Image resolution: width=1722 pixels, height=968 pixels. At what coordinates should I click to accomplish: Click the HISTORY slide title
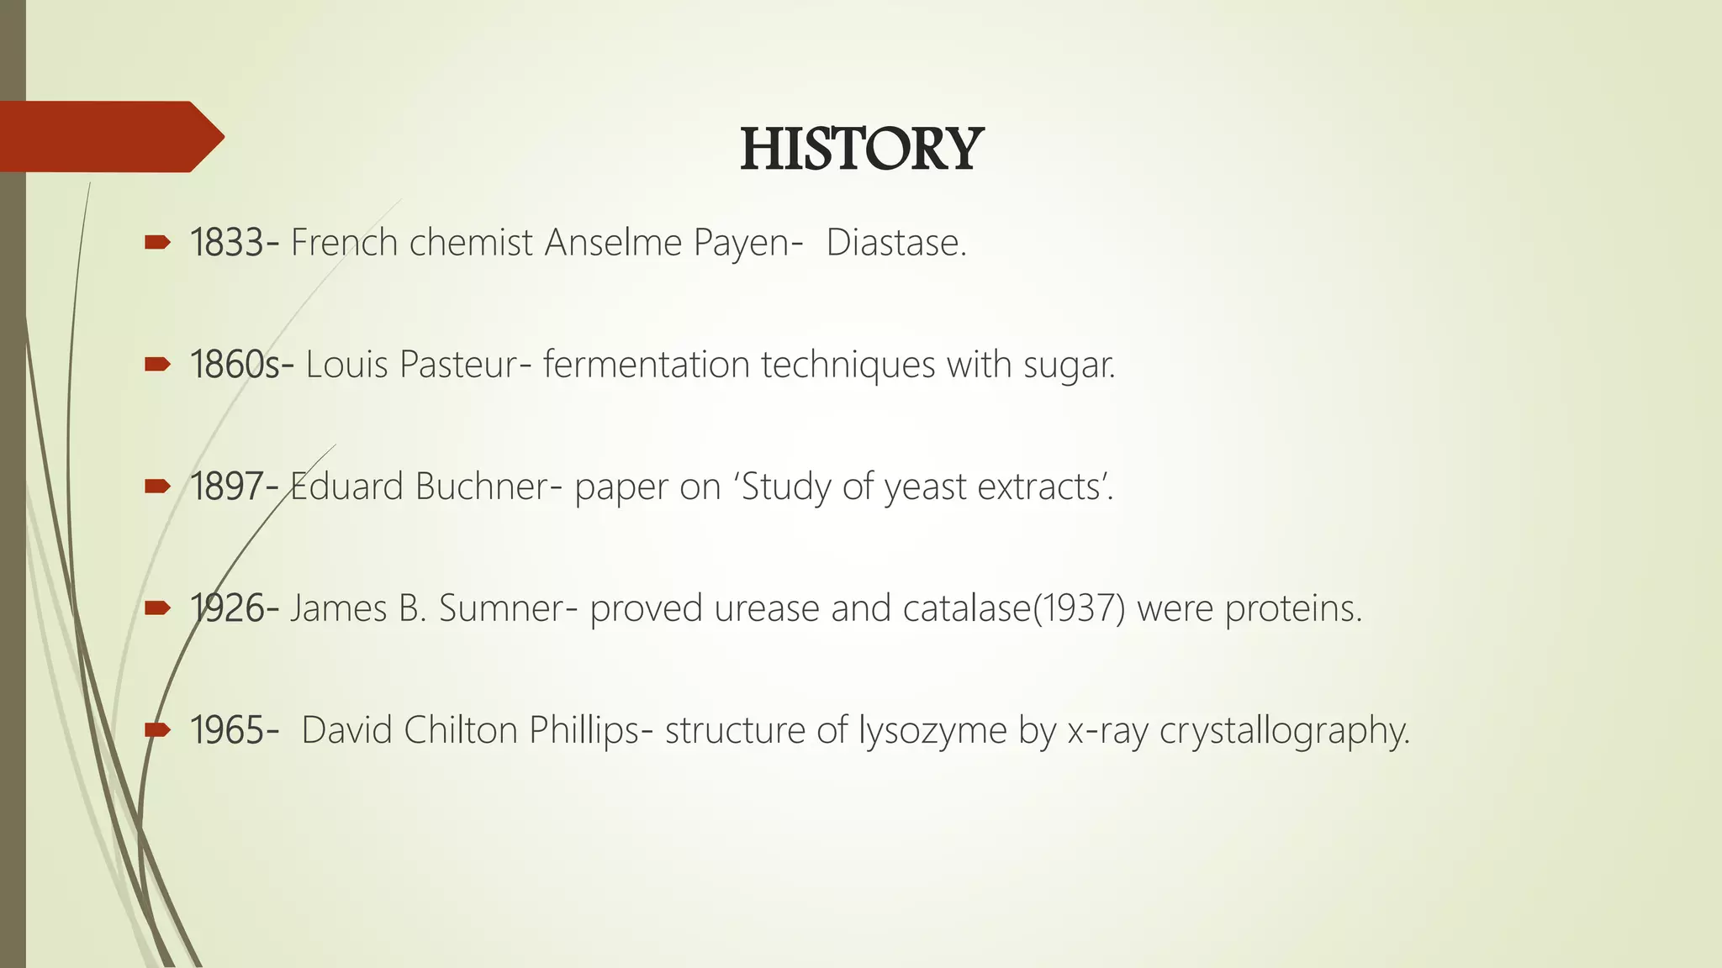861,150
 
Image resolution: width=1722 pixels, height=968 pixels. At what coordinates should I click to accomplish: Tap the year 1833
227,243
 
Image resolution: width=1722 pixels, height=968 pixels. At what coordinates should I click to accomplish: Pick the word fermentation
646,365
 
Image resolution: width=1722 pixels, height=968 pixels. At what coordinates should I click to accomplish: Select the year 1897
227,487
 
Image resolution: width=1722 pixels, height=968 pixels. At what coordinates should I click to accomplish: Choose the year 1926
227,608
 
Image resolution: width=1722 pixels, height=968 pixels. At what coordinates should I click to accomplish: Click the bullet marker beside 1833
157,244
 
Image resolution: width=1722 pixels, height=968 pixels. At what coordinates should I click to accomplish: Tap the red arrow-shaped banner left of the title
109,136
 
